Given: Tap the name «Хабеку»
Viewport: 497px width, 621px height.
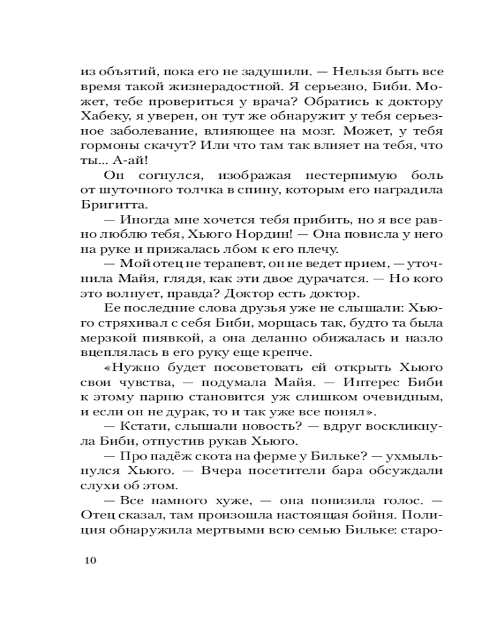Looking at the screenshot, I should [x=105, y=117].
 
